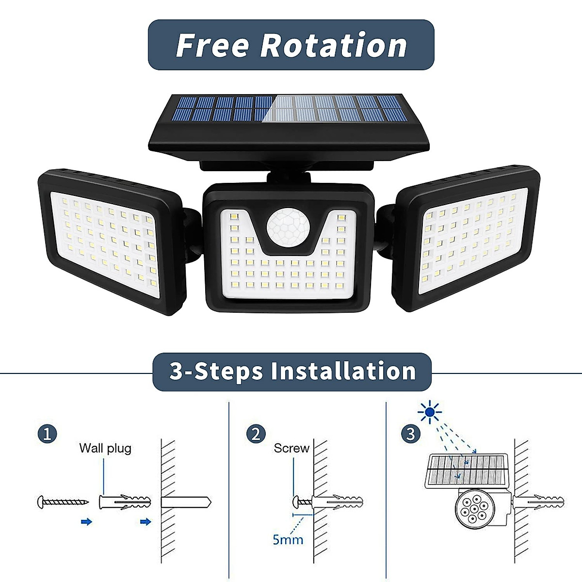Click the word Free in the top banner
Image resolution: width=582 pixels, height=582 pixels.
[x=212, y=45]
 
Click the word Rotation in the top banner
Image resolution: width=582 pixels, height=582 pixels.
[x=334, y=45]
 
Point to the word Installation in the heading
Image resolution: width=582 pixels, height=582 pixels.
[x=343, y=372]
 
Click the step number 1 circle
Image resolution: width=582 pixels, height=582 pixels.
[x=47, y=434]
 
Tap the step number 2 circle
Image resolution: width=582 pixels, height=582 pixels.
[x=256, y=434]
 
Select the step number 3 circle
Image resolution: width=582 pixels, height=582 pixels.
[x=411, y=434]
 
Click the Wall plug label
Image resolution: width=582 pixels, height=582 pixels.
[x=105, y=448]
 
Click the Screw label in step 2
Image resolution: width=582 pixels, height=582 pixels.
[x=291, y=448]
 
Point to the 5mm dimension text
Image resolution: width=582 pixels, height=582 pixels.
[x=288, y=539]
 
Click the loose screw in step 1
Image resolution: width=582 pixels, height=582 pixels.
[x=63, y=502]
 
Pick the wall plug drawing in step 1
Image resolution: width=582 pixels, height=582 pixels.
[x=125, y=502]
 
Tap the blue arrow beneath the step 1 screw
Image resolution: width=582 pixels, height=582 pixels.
[x=86, y=522]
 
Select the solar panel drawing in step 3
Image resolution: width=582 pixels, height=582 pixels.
[x=467, y=470]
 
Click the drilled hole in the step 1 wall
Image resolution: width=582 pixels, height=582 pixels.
[x=187, y=502]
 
